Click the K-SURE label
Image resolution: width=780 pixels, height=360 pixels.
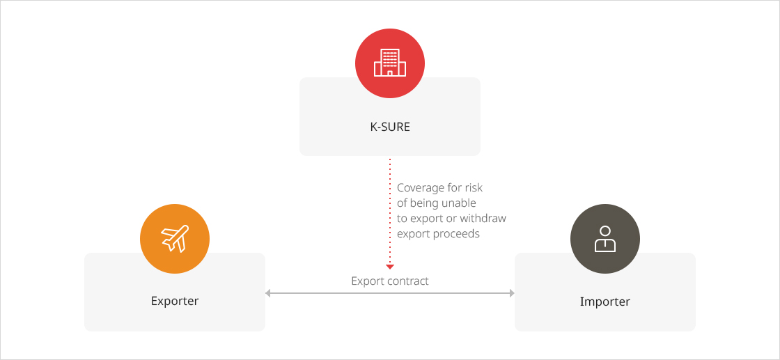click(390, 127)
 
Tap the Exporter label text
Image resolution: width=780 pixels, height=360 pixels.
click(175, 301)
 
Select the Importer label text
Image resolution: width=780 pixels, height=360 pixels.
click(605, 302)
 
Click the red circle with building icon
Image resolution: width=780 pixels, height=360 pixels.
click(390, 63)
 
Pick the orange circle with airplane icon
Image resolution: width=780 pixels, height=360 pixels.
click(175, 239)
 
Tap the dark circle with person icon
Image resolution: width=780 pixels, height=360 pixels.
click(605, 239)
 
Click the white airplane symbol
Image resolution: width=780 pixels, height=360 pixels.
click(175, 239)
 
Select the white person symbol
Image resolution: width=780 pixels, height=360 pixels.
click(605, 239)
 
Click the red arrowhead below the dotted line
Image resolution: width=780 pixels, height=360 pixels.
click(390, 267)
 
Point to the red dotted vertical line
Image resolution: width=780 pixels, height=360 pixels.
click(390, 211)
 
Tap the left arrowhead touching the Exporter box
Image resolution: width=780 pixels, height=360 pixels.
click(267, 293)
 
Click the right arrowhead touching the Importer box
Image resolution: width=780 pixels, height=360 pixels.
click(512, 293)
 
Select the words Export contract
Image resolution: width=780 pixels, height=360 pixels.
click(390, 281)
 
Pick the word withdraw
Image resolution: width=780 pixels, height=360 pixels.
click(483, 218)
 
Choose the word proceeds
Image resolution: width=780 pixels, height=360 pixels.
click(457, 234)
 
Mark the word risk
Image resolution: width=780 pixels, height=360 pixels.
click(474, 188)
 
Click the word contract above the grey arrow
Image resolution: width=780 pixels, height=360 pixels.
click(410, 281)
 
